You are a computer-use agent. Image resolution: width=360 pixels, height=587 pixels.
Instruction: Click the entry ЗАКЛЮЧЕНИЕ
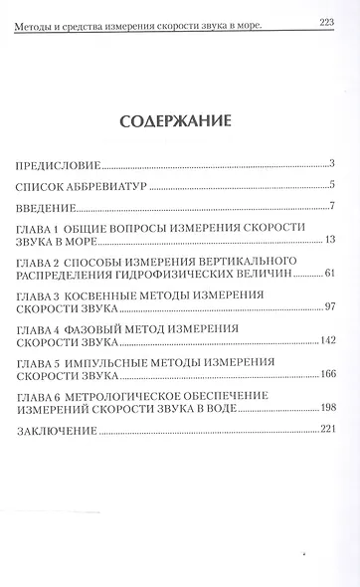[x=58, y=433]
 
